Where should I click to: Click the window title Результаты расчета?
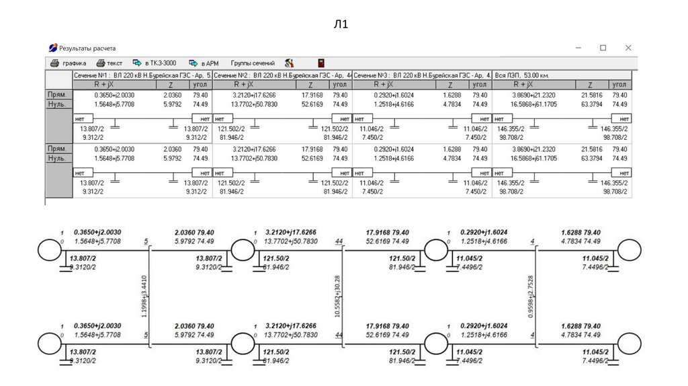pyautogui.click(x=87, y=48)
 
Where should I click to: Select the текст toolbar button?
pyautogui.click(x=110, y=63)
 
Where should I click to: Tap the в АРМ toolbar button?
pyautogui.click(x=204, y=63)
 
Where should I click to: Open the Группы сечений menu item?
pyautogui.click(x=253, y=63)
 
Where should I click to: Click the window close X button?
pyautogui.click(x=628, y=48)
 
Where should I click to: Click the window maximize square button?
pyautogui.click(x=603, y=48)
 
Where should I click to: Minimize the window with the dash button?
pyautogui.click(x=578, y=48)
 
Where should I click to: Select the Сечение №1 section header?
pyautogui.click(x=141, y=75)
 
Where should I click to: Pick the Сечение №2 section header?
pyautogui.click(x=282, y=75)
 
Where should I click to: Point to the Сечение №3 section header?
pyautogui.click(x=422, y=75)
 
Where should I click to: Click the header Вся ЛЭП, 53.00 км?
pyautogui.click(x=522, y=75)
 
